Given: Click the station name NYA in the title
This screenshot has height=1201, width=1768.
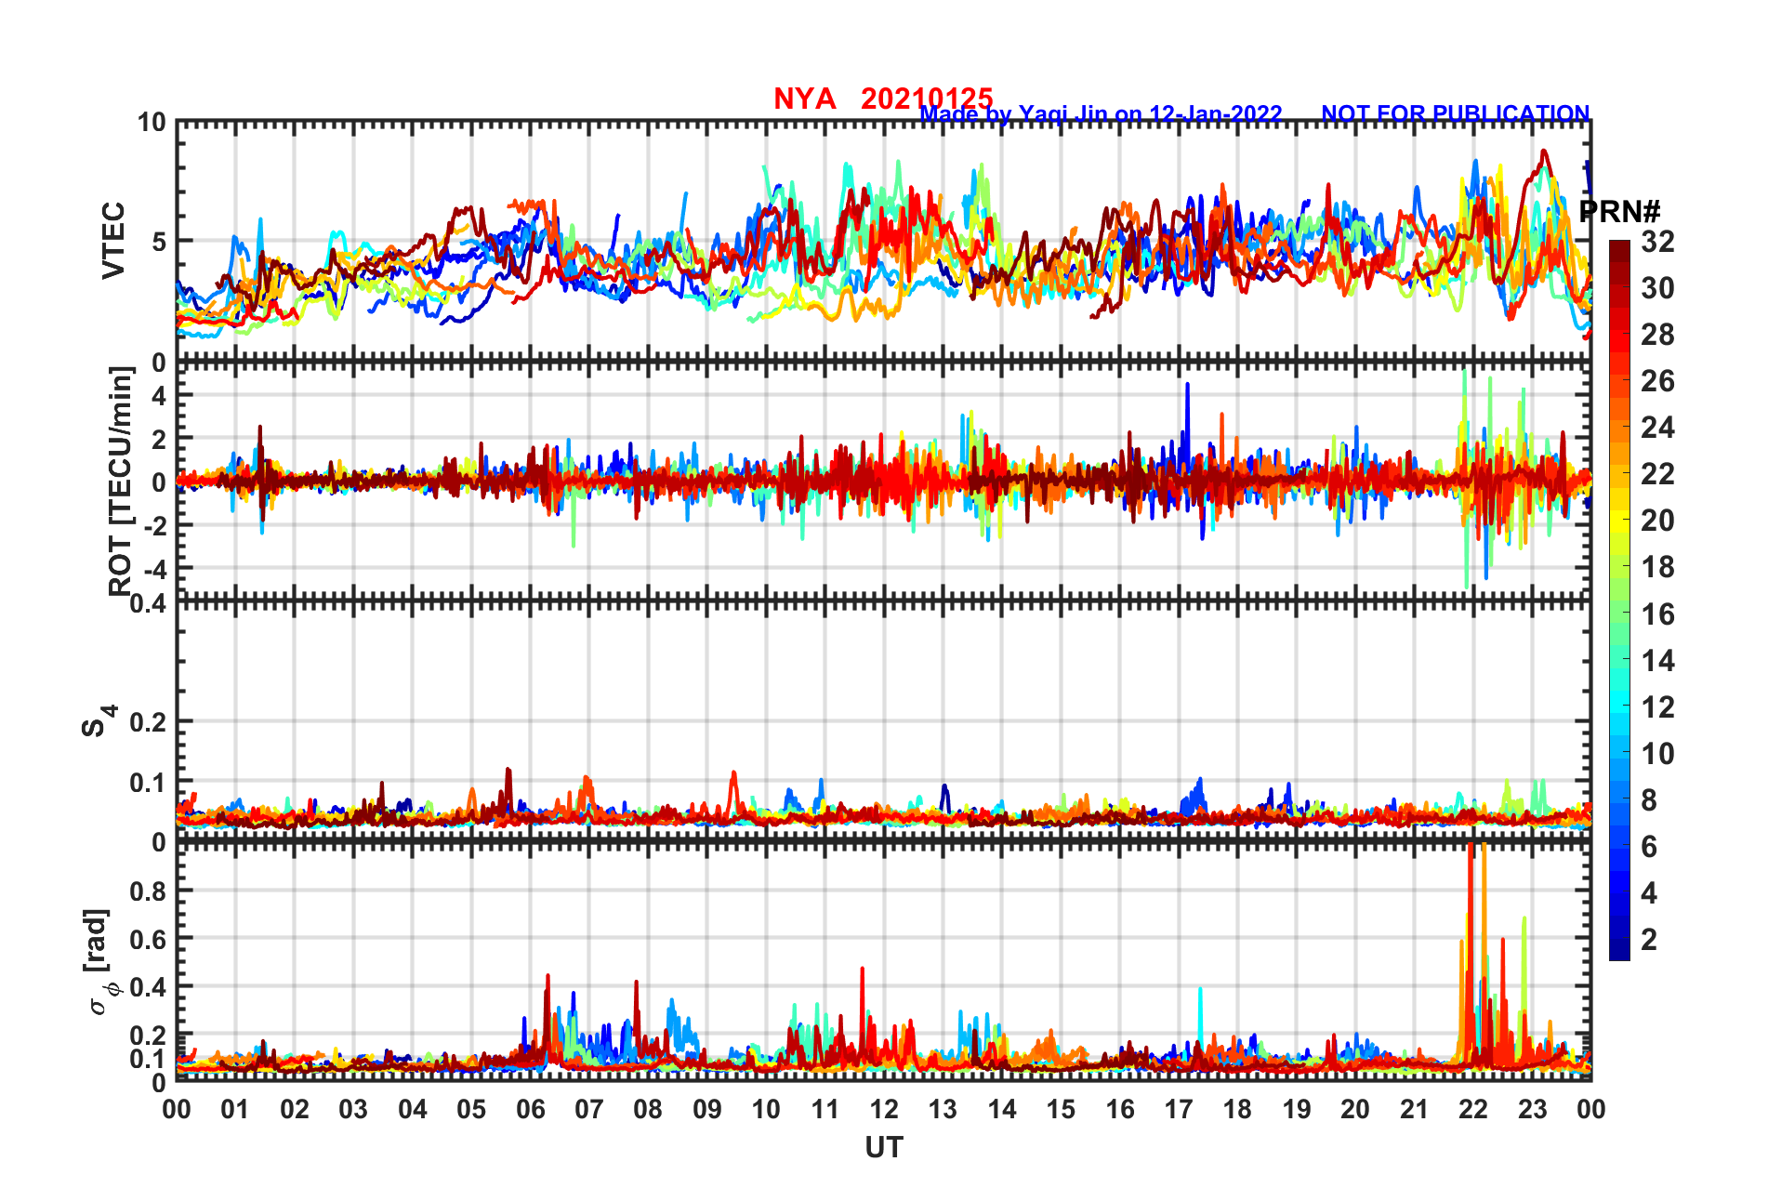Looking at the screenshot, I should (804, 99).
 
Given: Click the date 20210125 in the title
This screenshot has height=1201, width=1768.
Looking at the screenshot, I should (927, 99).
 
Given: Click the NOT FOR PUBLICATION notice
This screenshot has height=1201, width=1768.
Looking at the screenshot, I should (1455, 113).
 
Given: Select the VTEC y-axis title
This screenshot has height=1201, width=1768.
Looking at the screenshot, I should (113, 241).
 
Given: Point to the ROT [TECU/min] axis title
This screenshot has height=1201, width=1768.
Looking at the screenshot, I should (120, 481).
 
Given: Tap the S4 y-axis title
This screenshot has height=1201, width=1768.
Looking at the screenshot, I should (98, 720).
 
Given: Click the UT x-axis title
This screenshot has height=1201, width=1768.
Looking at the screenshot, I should (883, 1148).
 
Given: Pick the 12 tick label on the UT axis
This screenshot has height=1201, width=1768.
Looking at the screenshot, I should (884, 1109).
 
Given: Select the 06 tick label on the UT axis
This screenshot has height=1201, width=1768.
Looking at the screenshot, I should (530, 1109).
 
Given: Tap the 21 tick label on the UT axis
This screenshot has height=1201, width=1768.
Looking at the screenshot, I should (1414, 1109).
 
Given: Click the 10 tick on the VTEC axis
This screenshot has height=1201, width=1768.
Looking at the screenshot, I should (152, 123).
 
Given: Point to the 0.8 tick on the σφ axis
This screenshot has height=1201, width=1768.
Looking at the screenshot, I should (149, 891).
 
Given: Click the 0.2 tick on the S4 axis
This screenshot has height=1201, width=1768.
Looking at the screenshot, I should (149, 721).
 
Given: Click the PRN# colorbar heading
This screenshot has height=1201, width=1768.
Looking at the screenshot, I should (1619, 212).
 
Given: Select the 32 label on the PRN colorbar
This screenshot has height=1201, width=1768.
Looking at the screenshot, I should (1657, 242).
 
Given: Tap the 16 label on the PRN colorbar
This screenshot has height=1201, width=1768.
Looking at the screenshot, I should (1657, 614).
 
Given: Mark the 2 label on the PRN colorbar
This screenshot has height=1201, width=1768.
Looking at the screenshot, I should (1649, 939).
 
